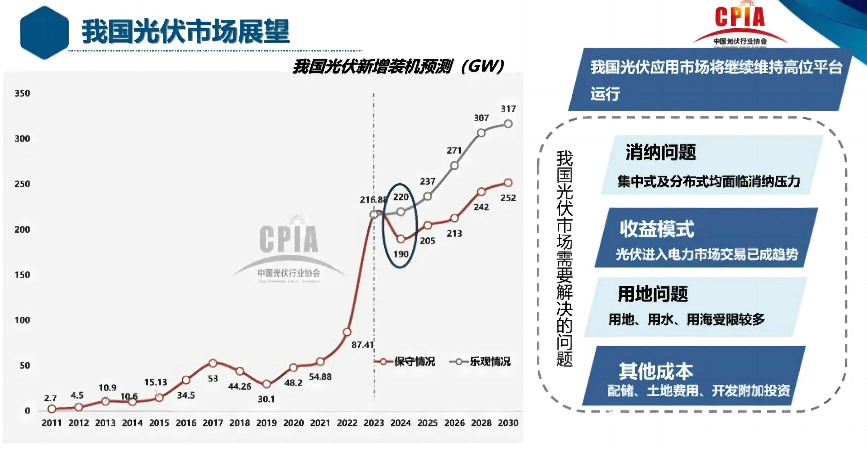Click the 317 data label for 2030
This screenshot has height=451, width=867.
(508, 109)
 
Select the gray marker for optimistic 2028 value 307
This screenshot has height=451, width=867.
(481, 133)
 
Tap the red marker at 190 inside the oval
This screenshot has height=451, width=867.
(401, 239)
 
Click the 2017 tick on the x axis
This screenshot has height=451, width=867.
(213, 423)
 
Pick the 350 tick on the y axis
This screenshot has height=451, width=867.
(22, 93)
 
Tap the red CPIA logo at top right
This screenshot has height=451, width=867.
(740, 24)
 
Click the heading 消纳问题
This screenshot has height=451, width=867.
(661, 152)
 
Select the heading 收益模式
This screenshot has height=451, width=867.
(657, 229)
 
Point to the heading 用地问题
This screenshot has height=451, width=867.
(653, 294)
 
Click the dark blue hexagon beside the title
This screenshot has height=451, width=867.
(44, 33)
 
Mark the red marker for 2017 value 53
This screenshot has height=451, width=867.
(213, 363)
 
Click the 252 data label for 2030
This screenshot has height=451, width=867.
(508, 198)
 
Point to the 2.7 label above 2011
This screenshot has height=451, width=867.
(50, 398)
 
